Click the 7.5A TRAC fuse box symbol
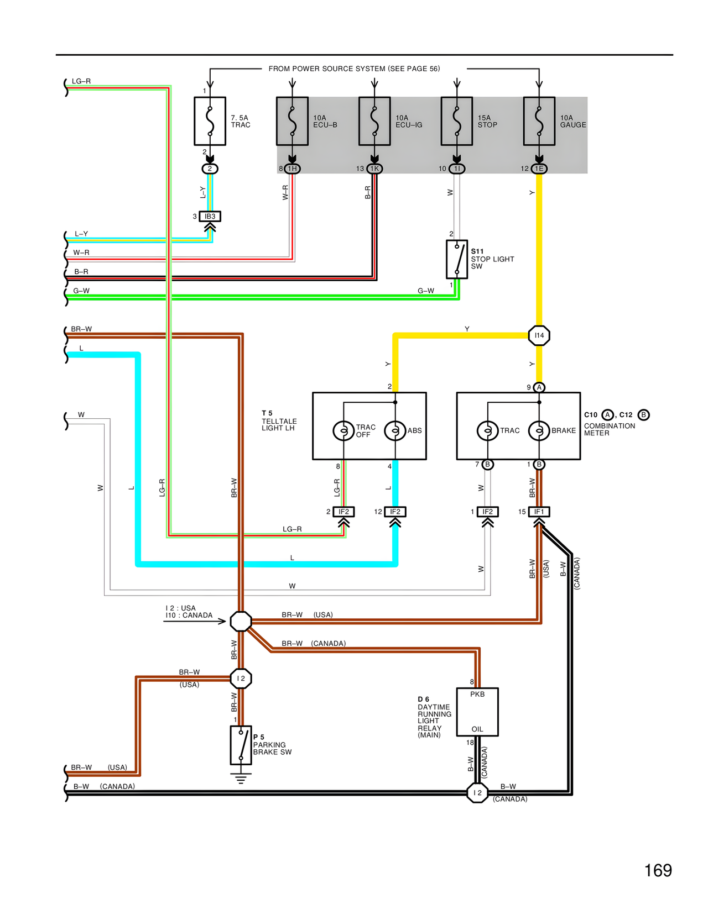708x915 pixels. [x=210, y=121]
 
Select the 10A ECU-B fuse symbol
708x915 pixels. [x=292, y=121]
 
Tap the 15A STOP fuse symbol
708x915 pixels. [x=457, y=121]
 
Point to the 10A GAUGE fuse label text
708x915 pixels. [x=572, y=122]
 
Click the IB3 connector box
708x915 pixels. [x=210, y=217]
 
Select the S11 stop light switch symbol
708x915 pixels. [x=457, y=259]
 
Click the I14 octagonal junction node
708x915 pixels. [x=539, y=335]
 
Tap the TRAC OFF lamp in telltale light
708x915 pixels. [x=343, y=430]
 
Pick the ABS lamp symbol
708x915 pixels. [x=395, y=430]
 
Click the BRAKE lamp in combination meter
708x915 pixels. [x=539, y=430]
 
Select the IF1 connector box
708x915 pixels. [x=539, y=512]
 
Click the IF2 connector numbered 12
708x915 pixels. [x=395, y=512]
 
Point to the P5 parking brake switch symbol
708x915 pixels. [x=241, y=745]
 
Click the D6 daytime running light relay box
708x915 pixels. [x=477, y=712]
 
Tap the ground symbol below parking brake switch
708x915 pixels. [x=241, y=779]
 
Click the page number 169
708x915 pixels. [x=658, y=870]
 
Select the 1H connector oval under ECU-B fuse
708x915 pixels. [x=292, y=169]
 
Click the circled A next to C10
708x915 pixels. [x=607, y=415]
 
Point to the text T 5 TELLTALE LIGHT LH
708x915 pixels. [x=279, y=420]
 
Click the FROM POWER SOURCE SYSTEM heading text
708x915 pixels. [x=354, y=69]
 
